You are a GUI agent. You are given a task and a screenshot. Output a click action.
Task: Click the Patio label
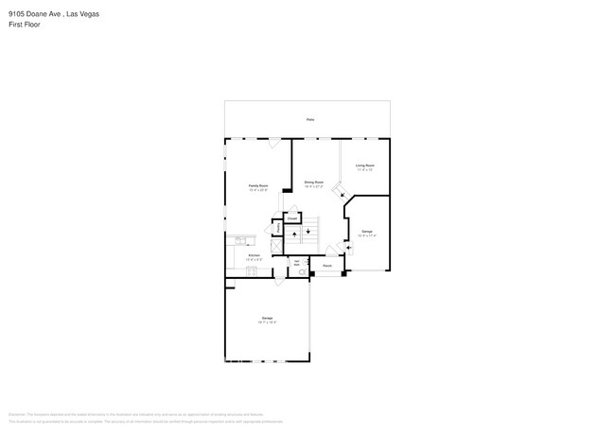(309, 120)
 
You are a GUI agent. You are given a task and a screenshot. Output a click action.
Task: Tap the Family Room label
(258, 187)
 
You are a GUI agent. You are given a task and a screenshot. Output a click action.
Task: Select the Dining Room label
(314, 183)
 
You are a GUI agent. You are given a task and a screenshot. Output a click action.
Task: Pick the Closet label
(292, 217)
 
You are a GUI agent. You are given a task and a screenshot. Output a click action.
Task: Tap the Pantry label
(277, 228)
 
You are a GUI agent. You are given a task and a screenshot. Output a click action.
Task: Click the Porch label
(326, 267)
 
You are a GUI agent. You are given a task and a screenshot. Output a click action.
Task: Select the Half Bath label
(297, 263)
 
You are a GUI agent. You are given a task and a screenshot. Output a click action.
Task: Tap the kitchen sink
(240, 239)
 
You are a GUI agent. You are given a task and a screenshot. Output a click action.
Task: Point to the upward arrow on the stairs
(294, 233)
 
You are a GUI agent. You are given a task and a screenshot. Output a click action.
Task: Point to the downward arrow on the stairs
(307, 232)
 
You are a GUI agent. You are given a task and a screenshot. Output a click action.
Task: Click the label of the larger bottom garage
(267, 319)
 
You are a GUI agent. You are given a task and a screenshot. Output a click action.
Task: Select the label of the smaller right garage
(367, 233)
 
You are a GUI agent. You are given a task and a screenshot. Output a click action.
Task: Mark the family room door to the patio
(272, 144)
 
